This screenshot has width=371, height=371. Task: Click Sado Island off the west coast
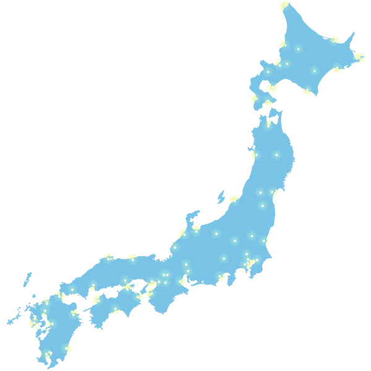point(221,197)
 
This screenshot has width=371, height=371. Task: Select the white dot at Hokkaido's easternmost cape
point(359,58)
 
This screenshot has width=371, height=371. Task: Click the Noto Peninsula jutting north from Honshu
point(192,218)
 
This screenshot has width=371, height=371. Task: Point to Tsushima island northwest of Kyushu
point(27,279)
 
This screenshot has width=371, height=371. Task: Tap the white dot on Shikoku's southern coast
point(115,309)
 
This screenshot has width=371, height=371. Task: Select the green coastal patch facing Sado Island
point(233,199)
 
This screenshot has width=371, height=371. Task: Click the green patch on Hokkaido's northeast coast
point(334,40)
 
